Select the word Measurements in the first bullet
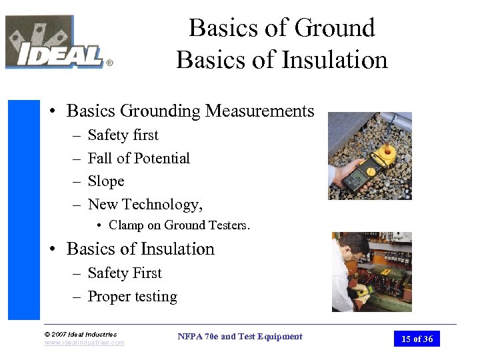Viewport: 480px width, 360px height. [x=259, y=111]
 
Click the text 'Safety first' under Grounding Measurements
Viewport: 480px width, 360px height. [x=123, y=135]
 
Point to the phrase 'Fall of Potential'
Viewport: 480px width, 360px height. [x=139, y=159]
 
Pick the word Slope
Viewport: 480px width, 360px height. [x=106, y=181]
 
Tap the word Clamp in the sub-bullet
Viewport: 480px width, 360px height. [x=126, y=225]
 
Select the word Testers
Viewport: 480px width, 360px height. [x=230, y=225]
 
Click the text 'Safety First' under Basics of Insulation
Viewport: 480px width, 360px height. [x=125, y=273]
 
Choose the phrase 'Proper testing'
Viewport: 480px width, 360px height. [x=132, y=297]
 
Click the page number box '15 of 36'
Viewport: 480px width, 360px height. [x=417, y=339]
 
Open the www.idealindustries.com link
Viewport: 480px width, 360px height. [x=84, y=343]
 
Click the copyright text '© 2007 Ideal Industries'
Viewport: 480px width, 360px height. [x=80, y=334]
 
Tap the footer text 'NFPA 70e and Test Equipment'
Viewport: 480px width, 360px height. [x=240, y=337]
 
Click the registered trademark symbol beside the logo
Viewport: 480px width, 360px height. [x=109, y=64]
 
